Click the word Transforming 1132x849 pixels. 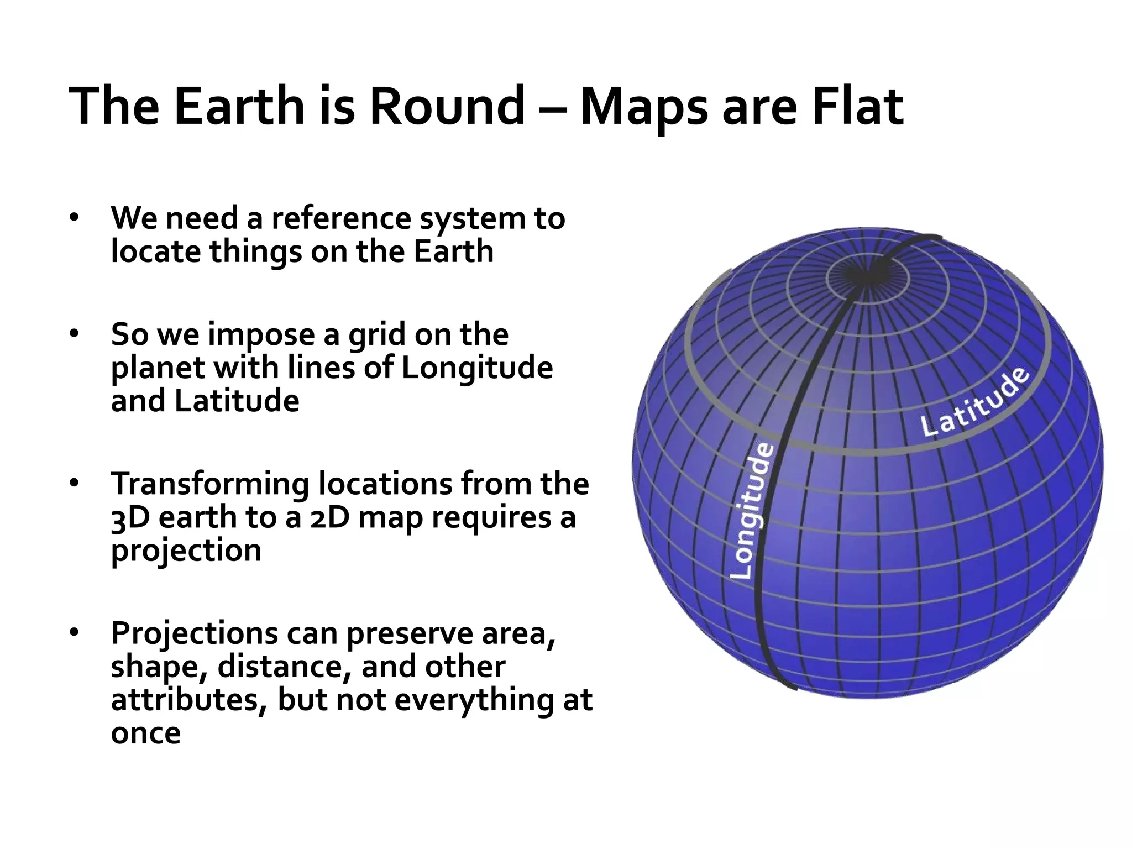tap(209, 484)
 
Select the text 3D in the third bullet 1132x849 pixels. tap(130, 518)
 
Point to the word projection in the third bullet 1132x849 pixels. tap(186, 552)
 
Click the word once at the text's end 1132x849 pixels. tap(145, 733)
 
